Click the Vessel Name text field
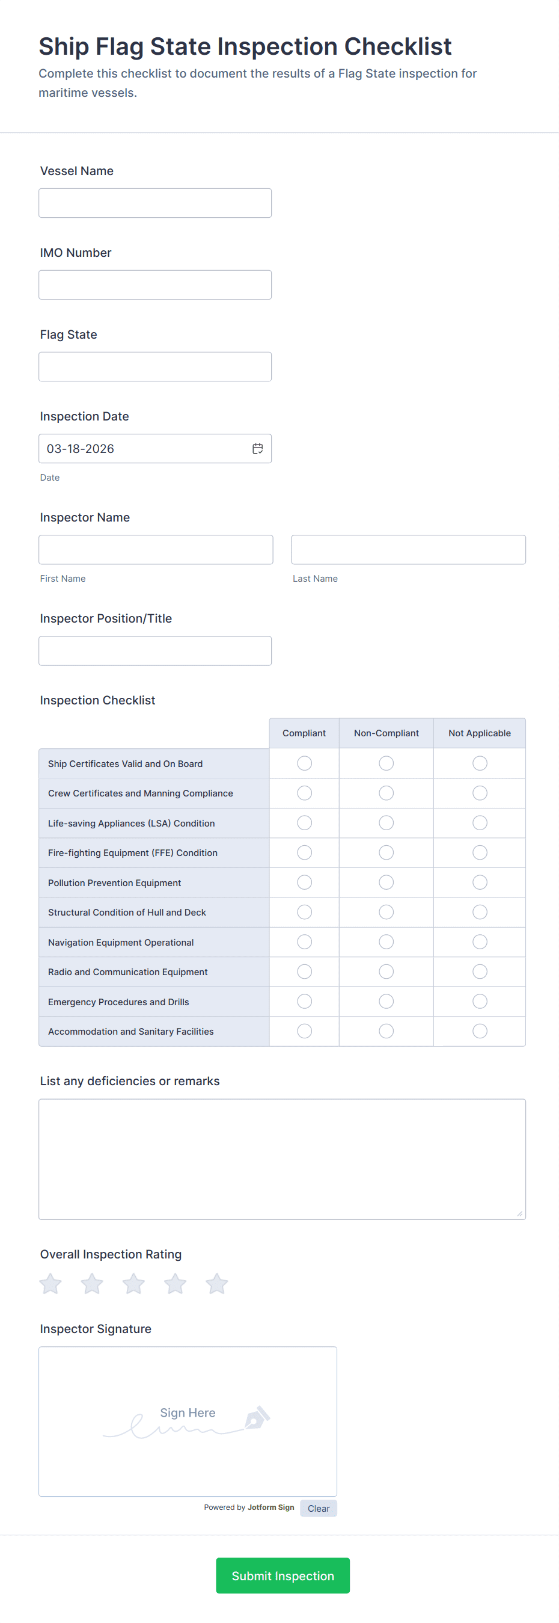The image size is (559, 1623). (x=155, y=203)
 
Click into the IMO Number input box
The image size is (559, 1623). (x=155, y=285)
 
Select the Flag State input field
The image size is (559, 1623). (x=155, y=367)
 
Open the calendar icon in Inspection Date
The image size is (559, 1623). (x=257, y=449)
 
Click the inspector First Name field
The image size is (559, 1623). (x=156, y=549)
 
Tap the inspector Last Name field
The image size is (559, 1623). (x=408, y=549)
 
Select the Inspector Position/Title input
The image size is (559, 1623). (x=155, y=651)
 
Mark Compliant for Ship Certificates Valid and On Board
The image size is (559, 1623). (x=304, y=763)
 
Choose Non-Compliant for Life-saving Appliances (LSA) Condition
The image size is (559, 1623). (x=386, y=823)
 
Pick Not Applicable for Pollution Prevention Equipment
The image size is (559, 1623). (x=480, y=882)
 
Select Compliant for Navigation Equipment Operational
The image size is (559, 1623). (x=304, y=942)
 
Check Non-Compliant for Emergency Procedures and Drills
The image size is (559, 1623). (x=386, y=1001)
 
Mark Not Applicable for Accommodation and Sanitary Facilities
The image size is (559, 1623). (x=480, y=1030)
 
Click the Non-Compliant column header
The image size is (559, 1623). (x=386, y=733)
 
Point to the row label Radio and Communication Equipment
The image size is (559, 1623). (x=128, y=972)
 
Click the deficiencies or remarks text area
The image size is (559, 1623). (x=282, y=1159)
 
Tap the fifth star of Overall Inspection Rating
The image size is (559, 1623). (x=216, y=1283)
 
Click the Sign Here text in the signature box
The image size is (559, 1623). (x=188, y=1412)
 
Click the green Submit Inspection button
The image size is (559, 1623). (x=283, y=1575)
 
